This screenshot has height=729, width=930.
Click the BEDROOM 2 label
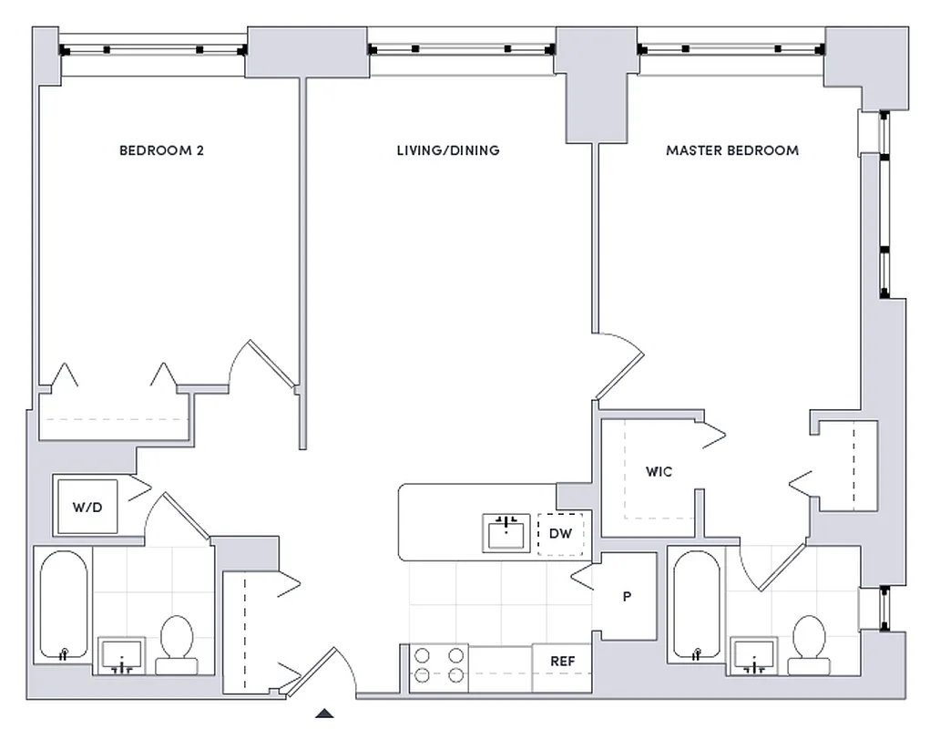click(x=161, y=150)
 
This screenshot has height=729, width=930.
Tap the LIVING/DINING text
click(x=448, y=150)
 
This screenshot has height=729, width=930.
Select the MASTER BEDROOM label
click(x=731, y=150)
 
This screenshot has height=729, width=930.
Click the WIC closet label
click(x=659, y=472)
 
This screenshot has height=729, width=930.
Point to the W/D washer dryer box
click(x=87, y=505)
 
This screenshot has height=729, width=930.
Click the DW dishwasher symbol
click(x=560, y=534)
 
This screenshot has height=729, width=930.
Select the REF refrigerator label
click(x=562, y=662)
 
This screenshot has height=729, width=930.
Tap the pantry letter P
click(x=627, y=597)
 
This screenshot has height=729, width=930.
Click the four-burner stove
click(x=438, y=663)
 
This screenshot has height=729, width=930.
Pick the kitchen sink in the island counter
click(x=506, y=532)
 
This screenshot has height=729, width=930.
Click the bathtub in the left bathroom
click(x=63, y=606)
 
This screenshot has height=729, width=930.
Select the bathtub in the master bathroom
click(x=696, y=606)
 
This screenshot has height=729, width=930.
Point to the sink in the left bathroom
click(x=121, y=654)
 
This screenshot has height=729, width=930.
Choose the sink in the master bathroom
click(x=754, y=654)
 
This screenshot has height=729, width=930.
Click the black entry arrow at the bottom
click(x=324, y=714)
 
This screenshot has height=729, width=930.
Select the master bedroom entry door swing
click(x=619, y=364)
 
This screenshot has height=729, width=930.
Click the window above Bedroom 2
click(x=152, y=49)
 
